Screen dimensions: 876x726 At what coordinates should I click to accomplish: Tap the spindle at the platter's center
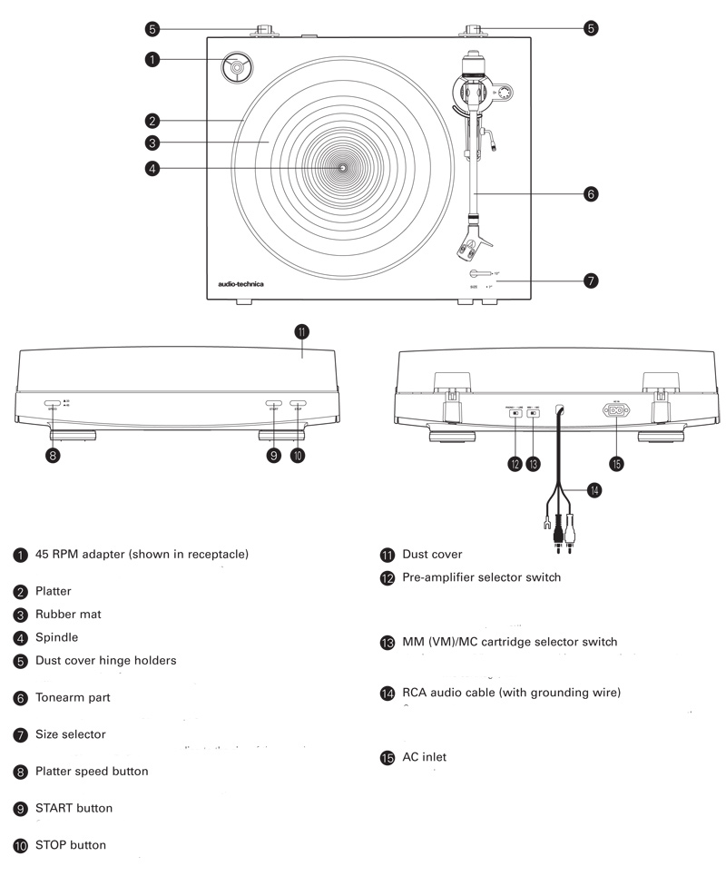343,168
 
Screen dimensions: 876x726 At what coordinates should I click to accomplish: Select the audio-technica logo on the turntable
241,284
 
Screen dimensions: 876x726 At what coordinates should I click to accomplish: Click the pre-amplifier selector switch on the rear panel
515,413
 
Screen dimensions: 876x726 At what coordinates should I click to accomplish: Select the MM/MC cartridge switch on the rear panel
533,413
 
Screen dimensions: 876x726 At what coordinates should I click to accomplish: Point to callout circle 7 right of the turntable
591,281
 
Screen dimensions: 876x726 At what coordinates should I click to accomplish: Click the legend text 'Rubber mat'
68,615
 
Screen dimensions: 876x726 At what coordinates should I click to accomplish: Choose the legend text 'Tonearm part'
73,698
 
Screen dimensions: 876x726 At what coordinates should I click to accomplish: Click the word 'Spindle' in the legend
56,637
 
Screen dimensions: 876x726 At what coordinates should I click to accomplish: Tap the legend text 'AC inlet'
424,757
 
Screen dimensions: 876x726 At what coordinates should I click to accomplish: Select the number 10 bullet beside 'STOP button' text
20,846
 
